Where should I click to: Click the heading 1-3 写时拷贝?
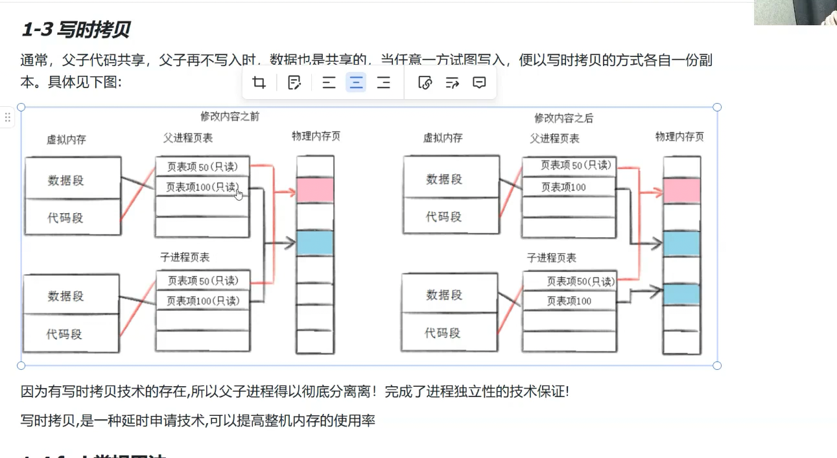pyautogui.click(x=75, y=29)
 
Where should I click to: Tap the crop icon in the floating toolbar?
pyautogui.click(x=259, y=83)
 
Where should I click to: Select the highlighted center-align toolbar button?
pyautogui.click(x=356, y=83)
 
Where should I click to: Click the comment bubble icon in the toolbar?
pyautogui.click(x=479, y=83)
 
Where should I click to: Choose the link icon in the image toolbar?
pyautogui.click(x=425, y=83)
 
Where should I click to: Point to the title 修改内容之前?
pyautogui.click(x=230, y=117)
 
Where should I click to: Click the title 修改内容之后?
pyautogui.click(x=563, y=118)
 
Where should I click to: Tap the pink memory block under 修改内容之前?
pyautogui.click(x=315, y=190)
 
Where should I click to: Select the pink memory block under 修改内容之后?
pyautogui.click(x=681, y=190)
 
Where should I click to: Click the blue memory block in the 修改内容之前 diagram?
pyautogui.click(x=315, y=243)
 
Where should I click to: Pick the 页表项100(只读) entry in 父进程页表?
pyautogui.click(x=202, y=187)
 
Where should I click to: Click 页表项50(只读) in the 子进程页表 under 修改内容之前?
pyautogui.click(x=203, y=281)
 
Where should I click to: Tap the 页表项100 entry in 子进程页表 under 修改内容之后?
pyautogui.click(x=569, y=301)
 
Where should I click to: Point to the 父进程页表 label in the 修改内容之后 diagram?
pyautogui.click(x=554, y=139)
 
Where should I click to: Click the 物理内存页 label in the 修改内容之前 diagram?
pyautogui.click(x=316, y=136)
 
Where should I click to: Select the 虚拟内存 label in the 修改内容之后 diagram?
pyautogui.click(x=443, y=138)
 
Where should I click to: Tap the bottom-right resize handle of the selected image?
pyautogui.click(x=717, y=365)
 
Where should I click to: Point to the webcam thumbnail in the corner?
pyautogui.click(x=796, y=12)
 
